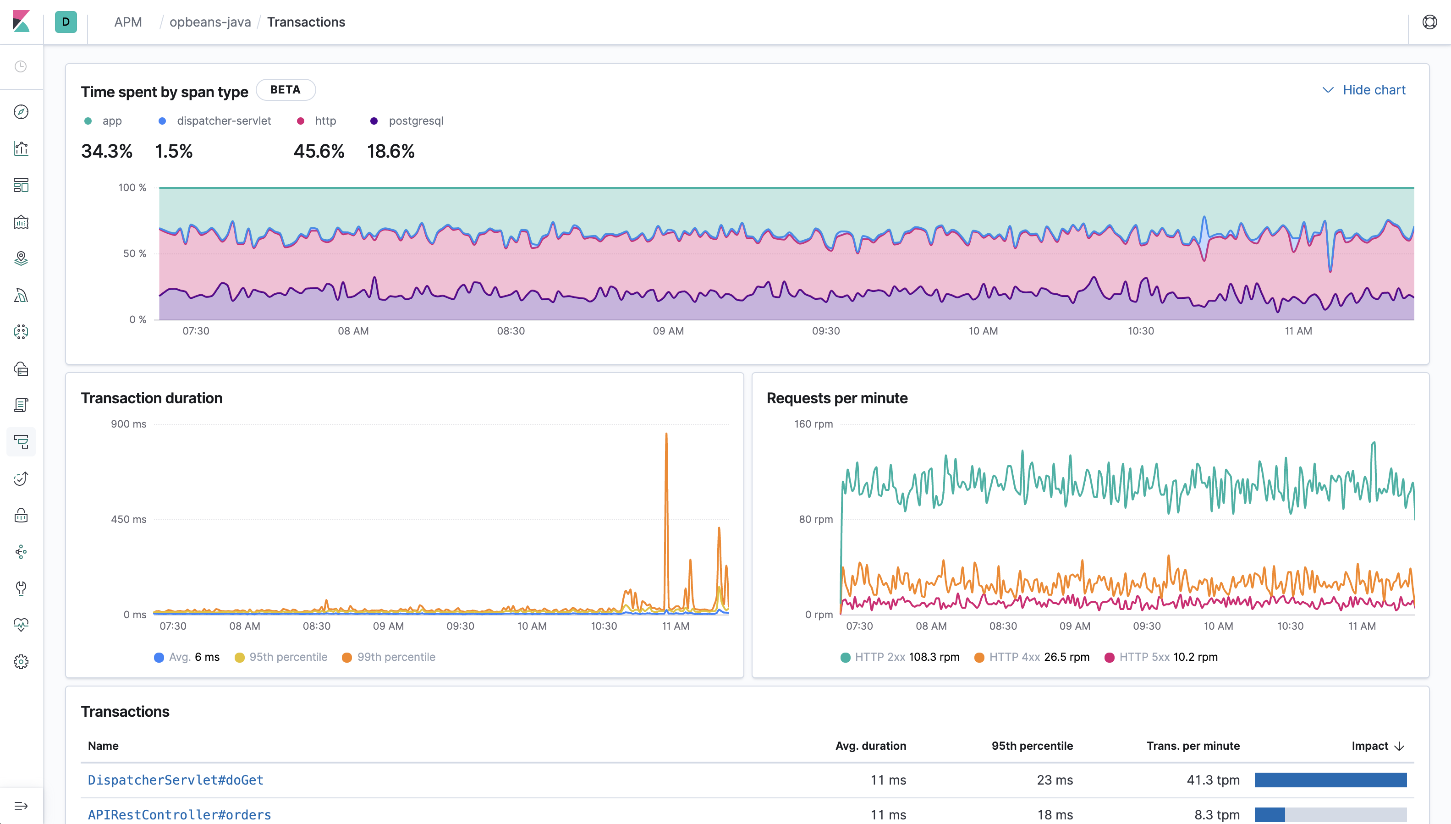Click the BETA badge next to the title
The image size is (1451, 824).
(x=285, y=90)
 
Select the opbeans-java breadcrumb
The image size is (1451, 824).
(x=210, y=22)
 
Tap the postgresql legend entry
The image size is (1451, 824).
(x=415, y=121)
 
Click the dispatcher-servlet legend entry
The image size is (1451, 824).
(x=223, y=121)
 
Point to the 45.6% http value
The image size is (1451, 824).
(x=319, y=152)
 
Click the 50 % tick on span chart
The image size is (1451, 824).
(x=134, y=253)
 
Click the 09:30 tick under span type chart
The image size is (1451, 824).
(x=826, y=331)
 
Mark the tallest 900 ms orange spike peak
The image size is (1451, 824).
(x=666, y=434)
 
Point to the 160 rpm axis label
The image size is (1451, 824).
(x=813, y=424)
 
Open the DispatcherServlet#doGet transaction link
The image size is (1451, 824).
(x=176, y=780)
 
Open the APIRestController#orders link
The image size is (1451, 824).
(x=179, y=815)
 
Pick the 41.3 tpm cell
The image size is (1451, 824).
(x=1213, y=780)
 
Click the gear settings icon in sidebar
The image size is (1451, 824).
(x=21, y=662)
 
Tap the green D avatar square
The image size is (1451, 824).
(x=66, y=22)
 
